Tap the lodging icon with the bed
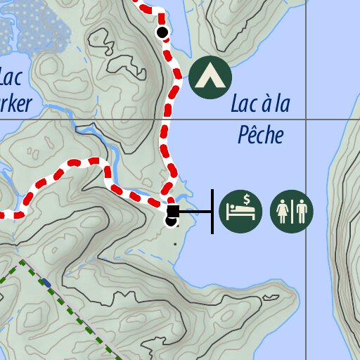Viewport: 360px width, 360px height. point(240,211)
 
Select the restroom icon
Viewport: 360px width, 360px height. point(292,211)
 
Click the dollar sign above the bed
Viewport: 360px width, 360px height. point(248,200)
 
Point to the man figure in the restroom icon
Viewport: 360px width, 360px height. point(300,212)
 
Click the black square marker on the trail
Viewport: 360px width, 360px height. point(172,211)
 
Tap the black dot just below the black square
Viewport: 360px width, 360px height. point(171,221)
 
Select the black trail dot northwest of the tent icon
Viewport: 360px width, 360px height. point(162,32)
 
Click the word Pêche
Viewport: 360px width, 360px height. point(260,134)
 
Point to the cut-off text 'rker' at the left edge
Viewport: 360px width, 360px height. point(15,104)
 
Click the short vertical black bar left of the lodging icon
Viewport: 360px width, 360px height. point(212,211)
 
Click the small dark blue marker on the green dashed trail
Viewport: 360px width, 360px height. point(46,283)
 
